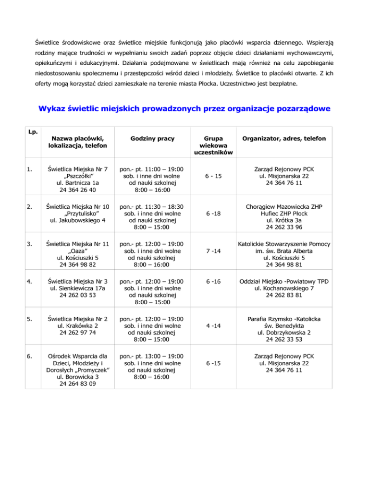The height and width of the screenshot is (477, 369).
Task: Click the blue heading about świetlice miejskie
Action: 184,109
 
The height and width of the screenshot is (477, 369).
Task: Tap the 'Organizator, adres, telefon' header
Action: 285,139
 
